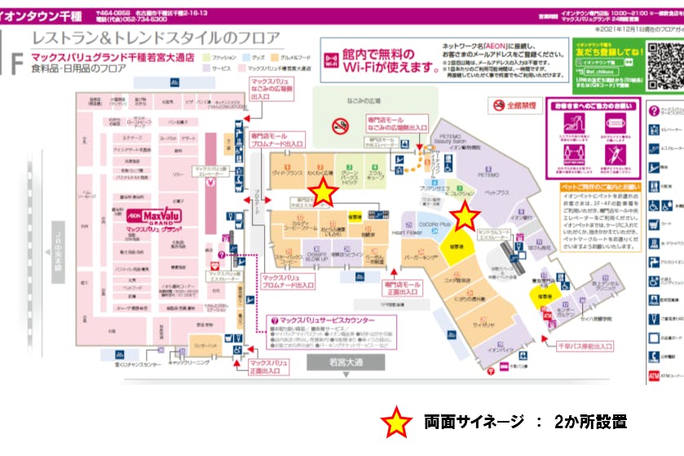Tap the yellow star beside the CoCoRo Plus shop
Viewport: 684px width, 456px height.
(465, 216)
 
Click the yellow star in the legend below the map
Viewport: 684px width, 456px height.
(397, 422)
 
